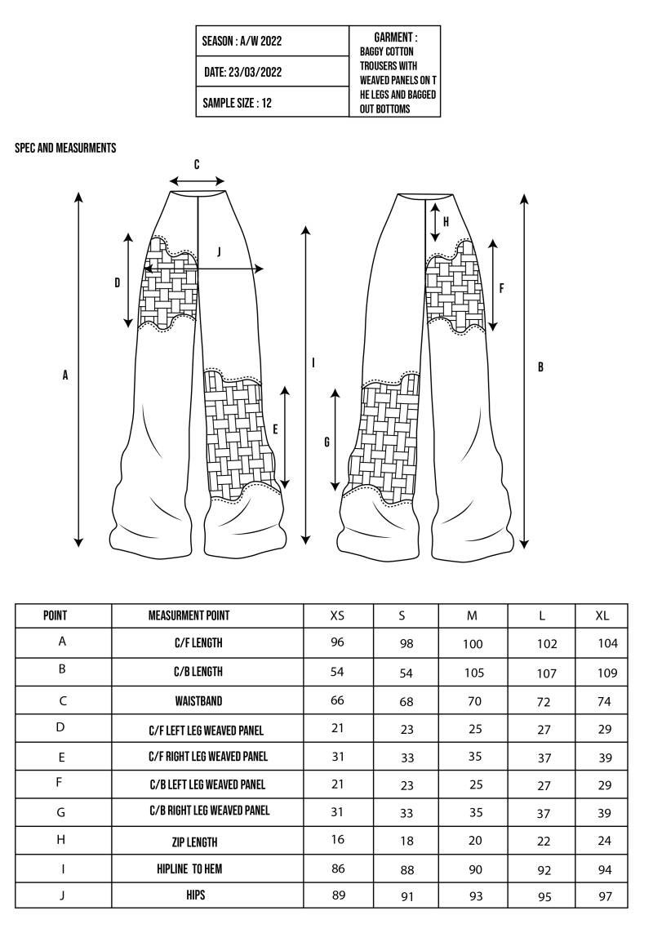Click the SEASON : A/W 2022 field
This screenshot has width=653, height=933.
(x=242, y=42)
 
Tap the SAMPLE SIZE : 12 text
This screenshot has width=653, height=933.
(x=238, y=104)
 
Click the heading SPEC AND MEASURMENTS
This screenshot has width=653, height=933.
(x=65, y=149)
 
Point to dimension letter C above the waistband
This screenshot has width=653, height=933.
(x=197, y=165)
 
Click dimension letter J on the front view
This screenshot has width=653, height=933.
(x=219, y=252)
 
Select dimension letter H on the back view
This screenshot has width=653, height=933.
(x=446, y=221)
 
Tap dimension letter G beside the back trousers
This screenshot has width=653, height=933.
(x=327, y=442)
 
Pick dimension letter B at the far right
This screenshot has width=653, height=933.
(x=540, y=367)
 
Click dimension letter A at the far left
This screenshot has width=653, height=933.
(x=65, y=375)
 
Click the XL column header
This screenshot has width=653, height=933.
(x=602, y=615)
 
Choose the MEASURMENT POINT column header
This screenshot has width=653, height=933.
(x=189, y=615)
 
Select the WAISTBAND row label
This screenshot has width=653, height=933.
(x=198, y=701)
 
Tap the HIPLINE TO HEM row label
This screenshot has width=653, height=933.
(x=189, y=869)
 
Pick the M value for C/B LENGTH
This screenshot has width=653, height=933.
(x=473, y=673)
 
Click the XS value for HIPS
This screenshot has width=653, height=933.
(x=337, y=895)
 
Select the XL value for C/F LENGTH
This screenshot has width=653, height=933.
(x=607, y=643)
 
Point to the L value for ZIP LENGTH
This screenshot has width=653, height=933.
(x=544, y=842)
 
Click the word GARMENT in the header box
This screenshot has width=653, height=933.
(x=396, y=38)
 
